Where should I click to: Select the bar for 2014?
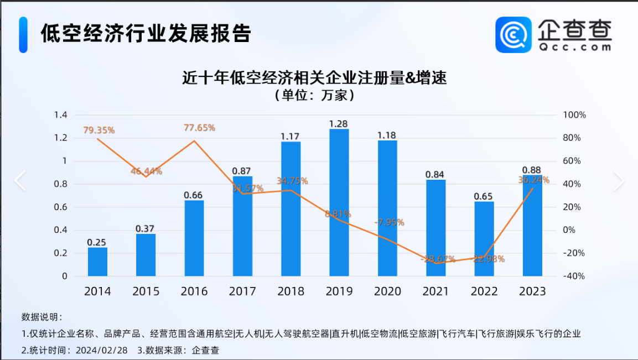pyautogui.click(x=97, y=262)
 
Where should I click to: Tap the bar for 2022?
pyautogui.click(x=484, y=238)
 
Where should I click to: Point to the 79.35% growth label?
pyautogui.click(x=99, y=131)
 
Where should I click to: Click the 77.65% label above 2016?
pyautogui.click(x=199, y=128)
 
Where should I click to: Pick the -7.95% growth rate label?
pyautogui.click(x=389, y=222)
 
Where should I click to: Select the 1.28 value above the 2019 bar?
pyautogui.click(x=339, y=123)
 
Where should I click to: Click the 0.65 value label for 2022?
pyautogui.click(x=484, y=196)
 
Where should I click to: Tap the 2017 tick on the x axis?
pyautogui.click(x=242, y=291)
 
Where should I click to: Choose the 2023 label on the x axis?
pyautogui.click(x=532, y=291)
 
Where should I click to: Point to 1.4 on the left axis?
pyautogui.click(x=60, y=115)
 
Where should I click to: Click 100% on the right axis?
pyautogui.click(x=574, y=115)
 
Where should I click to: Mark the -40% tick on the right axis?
pyautogui.click(x=574, y=276)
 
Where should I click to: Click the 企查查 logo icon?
pyautogui.click(x=513, y=34)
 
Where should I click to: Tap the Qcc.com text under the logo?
pyautogui.click(x=574, y=48)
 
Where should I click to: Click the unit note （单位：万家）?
pyautogui.click(x=314, y=96)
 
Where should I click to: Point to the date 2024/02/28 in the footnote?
pyautogui.click(x=102, y=351)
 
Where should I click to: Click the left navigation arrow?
pyautogui.click(x=20, y=181)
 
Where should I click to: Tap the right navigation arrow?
pyautogui.click(x=618, y=181)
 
